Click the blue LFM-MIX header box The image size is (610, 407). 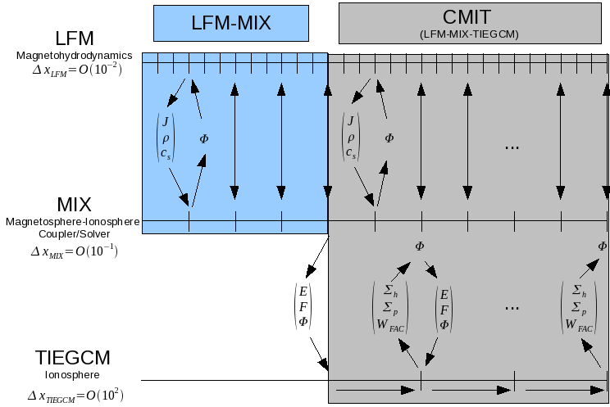click(230, 21)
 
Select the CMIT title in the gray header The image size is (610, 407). click(473, 17)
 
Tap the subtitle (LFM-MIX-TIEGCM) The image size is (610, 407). click(473, 34)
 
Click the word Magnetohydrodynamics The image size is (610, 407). click(74, 55)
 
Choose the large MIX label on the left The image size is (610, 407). click(74, 204)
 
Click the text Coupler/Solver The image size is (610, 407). click(74, 233)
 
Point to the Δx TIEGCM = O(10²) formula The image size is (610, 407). click(75, 396)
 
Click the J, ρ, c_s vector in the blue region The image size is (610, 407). click(166, 138)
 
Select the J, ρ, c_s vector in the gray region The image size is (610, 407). click(351, 138)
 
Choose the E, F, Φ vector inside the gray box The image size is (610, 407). click(444, 309)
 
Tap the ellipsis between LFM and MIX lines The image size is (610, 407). click(512, 145)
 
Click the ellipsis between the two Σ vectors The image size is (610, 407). click(512, 306)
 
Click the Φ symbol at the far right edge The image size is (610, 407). click(603, 246)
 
